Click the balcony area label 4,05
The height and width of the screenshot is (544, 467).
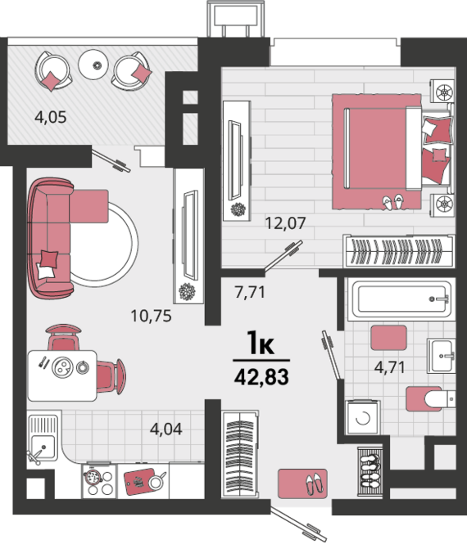click(x=50, y=117)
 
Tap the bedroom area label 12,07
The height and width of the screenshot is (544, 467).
click(x=285, y=223)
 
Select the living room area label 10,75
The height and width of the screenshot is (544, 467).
click(x=151, y=316)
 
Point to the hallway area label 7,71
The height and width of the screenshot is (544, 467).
click(x=250, y=292)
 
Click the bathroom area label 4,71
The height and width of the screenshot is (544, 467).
click(x=389, y=367)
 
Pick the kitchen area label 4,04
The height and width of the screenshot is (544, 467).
click(x=166, y=429)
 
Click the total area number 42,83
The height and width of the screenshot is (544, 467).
click(x=261, y=377)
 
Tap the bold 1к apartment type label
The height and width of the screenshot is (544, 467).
click(x=261, y=343)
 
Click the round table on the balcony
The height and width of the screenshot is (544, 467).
click(x=93, y=65)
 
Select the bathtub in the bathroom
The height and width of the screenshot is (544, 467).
click(x=402, y=299)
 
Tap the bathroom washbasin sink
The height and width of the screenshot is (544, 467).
click(x=441, y=356)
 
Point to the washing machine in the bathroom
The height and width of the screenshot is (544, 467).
click(x=363, y=417)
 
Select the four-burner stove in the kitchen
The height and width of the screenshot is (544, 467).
click(x=99, y=481)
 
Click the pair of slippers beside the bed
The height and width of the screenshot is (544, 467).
click(x=392, y=202)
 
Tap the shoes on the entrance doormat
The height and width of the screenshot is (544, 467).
click(x=314, y=483)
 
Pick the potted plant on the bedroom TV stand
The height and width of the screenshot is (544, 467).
click(x=238, y=209)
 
